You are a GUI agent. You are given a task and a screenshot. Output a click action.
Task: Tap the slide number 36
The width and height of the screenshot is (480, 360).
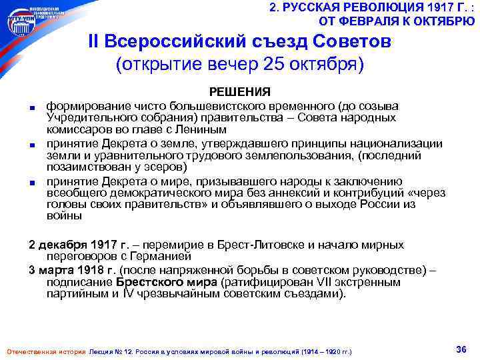(460, 349)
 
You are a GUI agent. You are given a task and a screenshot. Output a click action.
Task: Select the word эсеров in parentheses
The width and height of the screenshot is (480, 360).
(161, 167)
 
